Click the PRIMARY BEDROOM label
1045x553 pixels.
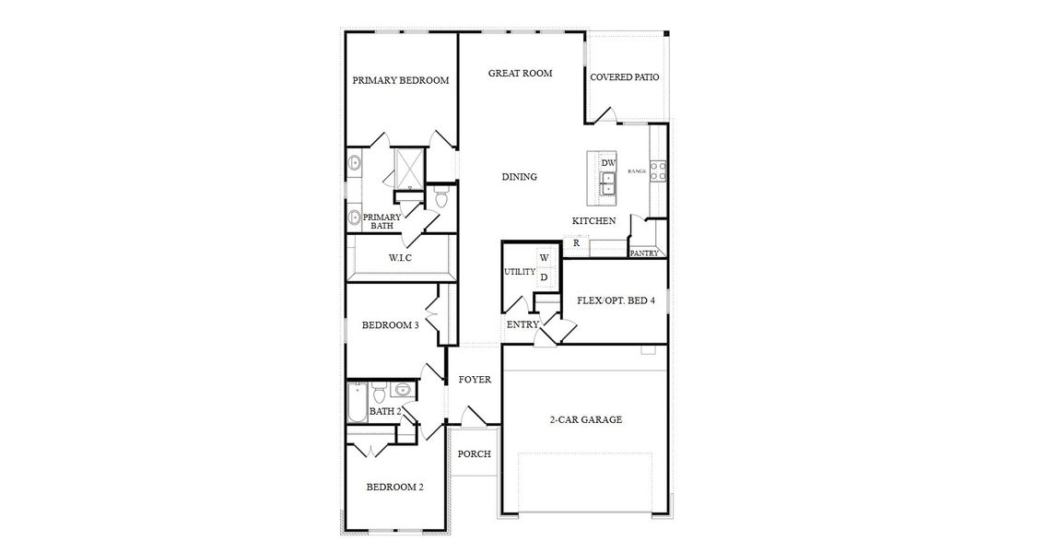coord(400,80)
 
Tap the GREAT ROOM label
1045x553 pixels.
coord(520,73)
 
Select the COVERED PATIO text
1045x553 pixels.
coord(624,77)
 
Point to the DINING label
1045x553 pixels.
coord(519,177)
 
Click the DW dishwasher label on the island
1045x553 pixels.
coord(607,163)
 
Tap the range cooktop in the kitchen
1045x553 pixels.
coord(659,171)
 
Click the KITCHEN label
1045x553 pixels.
coord(593,221)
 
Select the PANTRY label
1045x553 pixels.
coord(643,253)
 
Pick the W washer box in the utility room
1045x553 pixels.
coord(544,257)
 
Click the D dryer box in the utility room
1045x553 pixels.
coord(544,276)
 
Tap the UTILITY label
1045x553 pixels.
coord(519,272)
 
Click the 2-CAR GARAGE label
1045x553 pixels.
coord(586,419)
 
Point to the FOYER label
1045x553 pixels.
coord(475,379)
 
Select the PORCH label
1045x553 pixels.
coord(474,453)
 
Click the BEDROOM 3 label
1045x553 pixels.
coord(390,325)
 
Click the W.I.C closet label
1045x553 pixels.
coord(399,258)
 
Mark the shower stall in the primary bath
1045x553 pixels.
coord(407,166)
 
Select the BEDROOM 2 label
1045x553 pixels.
coord(394,488)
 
